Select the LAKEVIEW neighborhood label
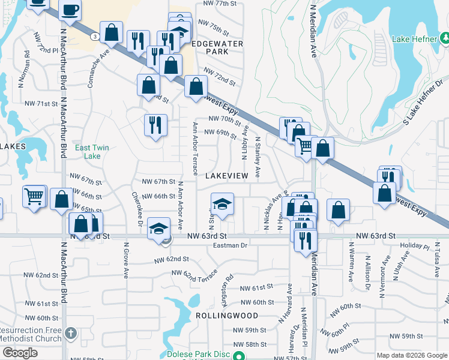[226, 176]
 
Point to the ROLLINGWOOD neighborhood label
[226, 315]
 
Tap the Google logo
[20, 352]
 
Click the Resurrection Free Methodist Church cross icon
[71, 332]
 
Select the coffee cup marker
[70, 11]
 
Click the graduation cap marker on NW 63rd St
[158, 228]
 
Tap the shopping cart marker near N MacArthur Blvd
[35, 196]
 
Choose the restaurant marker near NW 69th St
[155, 125]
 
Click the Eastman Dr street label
[231, 245]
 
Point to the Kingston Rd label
[230, 289]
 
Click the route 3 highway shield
[95, 37]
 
